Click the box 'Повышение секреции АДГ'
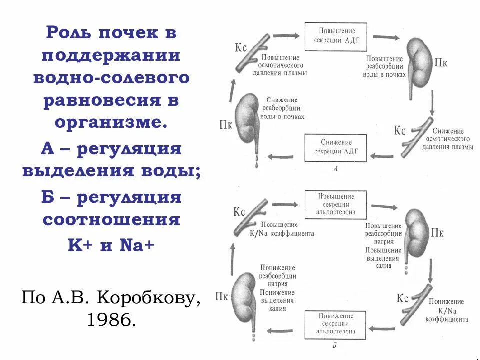(335, 36)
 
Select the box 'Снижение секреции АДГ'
(336, 147)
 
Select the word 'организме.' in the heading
(111, 122)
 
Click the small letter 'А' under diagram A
(335, 169)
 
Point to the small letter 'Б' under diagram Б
(334, 345)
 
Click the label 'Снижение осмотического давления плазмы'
(448, 139)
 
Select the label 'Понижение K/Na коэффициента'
(447, 310)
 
